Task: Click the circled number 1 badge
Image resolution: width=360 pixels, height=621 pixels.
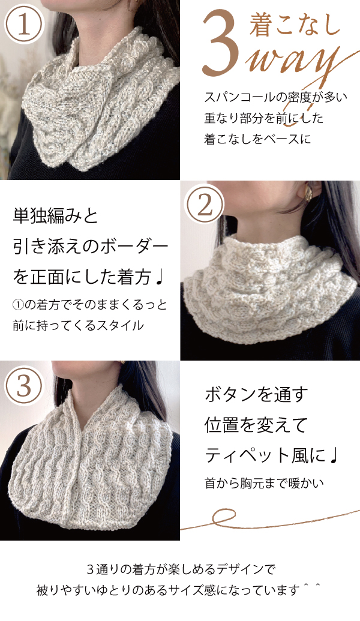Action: point(24,24)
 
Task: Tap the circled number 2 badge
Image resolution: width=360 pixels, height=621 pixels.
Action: point(205,206)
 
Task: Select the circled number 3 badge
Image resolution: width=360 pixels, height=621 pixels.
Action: point(24,385)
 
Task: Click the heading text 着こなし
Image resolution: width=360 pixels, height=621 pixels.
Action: point(295,25)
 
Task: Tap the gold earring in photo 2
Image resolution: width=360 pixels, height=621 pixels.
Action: point(308,193)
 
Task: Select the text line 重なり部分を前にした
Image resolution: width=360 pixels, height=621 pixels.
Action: point(264,118)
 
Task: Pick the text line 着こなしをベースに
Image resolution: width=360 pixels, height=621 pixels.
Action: point(258,139)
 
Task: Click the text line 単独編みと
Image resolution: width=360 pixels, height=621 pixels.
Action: point(55,217)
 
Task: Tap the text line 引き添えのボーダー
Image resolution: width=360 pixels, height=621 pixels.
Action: point(91,247)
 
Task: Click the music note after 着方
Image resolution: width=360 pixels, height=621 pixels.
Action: point(158,278)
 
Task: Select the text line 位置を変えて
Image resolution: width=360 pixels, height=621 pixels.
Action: point(256,425)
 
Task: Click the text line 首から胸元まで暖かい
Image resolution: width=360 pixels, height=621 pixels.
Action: point(264,483)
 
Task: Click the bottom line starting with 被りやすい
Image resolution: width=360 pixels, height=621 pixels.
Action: point(178,590)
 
